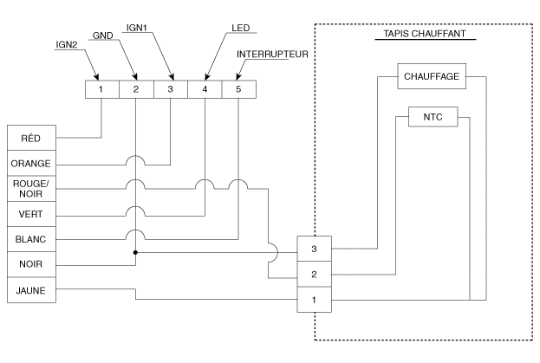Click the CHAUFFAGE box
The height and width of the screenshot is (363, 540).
click(431, 76)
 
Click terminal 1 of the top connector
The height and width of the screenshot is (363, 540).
click(102, 88)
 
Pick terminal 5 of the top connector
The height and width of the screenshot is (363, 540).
click(238, 88)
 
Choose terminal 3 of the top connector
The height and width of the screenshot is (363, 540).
click(171, 88)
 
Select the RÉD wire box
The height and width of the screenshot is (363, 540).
click(31, 137)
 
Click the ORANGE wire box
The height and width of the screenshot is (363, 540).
click(31, 163)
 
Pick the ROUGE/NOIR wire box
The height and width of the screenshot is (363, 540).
click(31, 188)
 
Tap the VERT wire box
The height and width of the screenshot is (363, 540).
click(31, 213)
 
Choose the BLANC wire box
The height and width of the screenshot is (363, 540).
click(31, 238)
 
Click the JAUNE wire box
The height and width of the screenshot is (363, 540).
click(31, 289)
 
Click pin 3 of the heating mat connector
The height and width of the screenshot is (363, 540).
click(313, 248)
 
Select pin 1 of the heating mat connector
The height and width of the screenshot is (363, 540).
click(313, 300)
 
